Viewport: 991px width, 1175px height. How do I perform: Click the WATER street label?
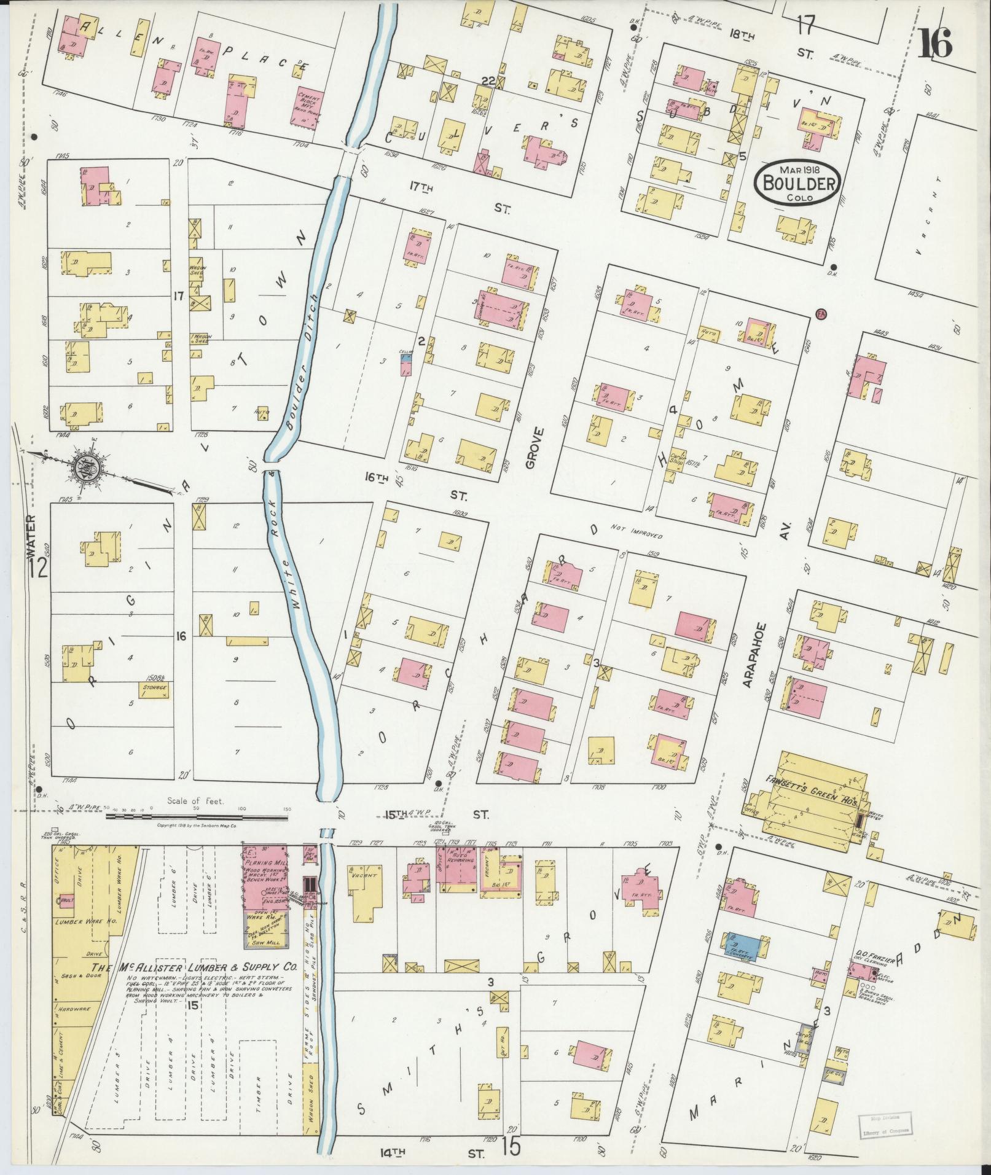pyautogui.click(x=32, y=537)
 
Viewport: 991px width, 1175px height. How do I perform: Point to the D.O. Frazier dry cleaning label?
pyautogui.click(x=868, y=956)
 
